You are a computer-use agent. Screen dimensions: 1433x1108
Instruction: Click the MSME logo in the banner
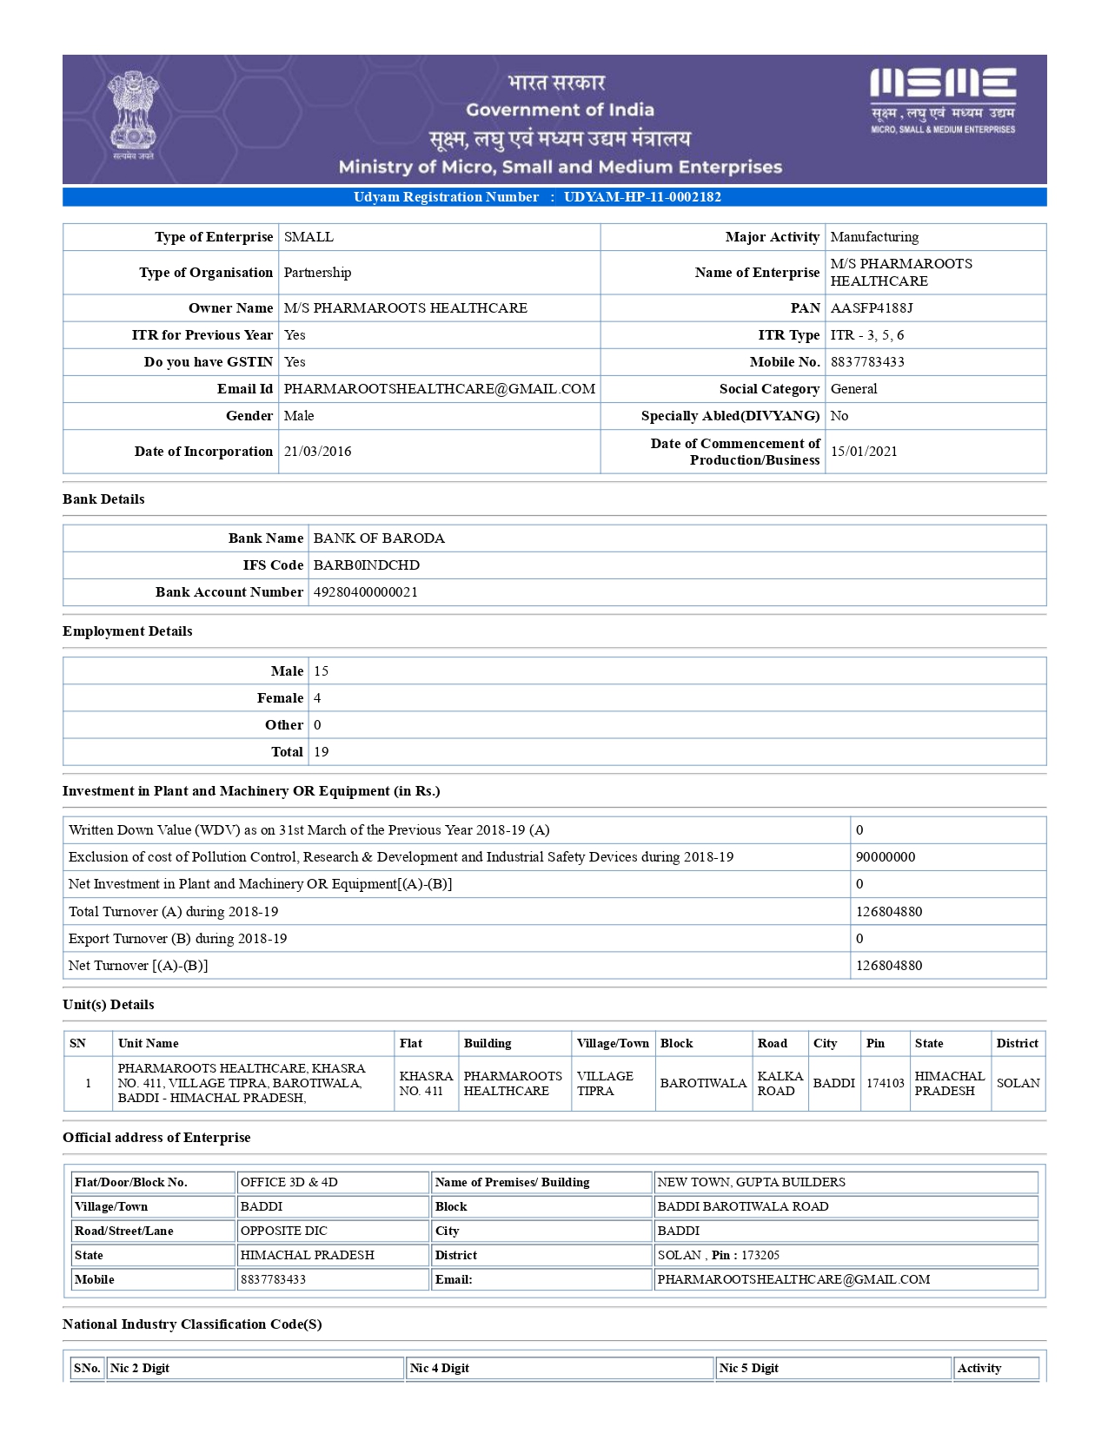(943, 99)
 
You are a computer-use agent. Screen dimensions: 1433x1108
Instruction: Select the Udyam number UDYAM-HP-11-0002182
(642, 197)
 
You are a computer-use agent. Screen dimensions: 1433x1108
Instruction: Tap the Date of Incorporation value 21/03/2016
(317, 452)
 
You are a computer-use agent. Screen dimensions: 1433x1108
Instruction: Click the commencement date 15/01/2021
(864, 452)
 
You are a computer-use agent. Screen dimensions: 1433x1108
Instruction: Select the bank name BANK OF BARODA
(379, 538)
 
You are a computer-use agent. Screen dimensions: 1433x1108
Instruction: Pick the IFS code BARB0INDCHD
(366, 565)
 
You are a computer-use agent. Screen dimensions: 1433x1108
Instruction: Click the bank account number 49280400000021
(365, 592)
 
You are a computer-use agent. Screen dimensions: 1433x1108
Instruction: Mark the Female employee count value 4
(317, 698)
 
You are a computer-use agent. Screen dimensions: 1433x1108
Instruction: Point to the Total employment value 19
(321, 752)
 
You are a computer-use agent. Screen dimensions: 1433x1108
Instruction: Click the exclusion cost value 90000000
(885, 857)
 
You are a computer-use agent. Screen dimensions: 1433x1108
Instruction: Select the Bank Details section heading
(103, 499)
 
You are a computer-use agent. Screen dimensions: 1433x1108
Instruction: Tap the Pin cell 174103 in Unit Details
(885, 1084)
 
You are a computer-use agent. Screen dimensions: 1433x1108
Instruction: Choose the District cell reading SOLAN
(1018, 1084)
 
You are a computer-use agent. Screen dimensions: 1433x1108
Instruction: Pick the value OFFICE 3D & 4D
(289, 1183)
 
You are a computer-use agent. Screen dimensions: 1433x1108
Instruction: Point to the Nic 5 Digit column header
(748, 1369)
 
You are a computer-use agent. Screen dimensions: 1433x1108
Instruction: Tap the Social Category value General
(853, 389)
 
